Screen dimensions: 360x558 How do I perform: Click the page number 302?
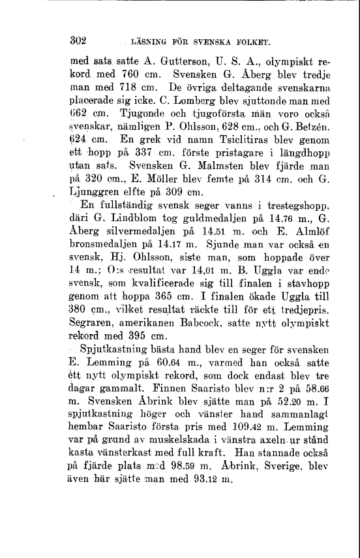click(x=79, y=38)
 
